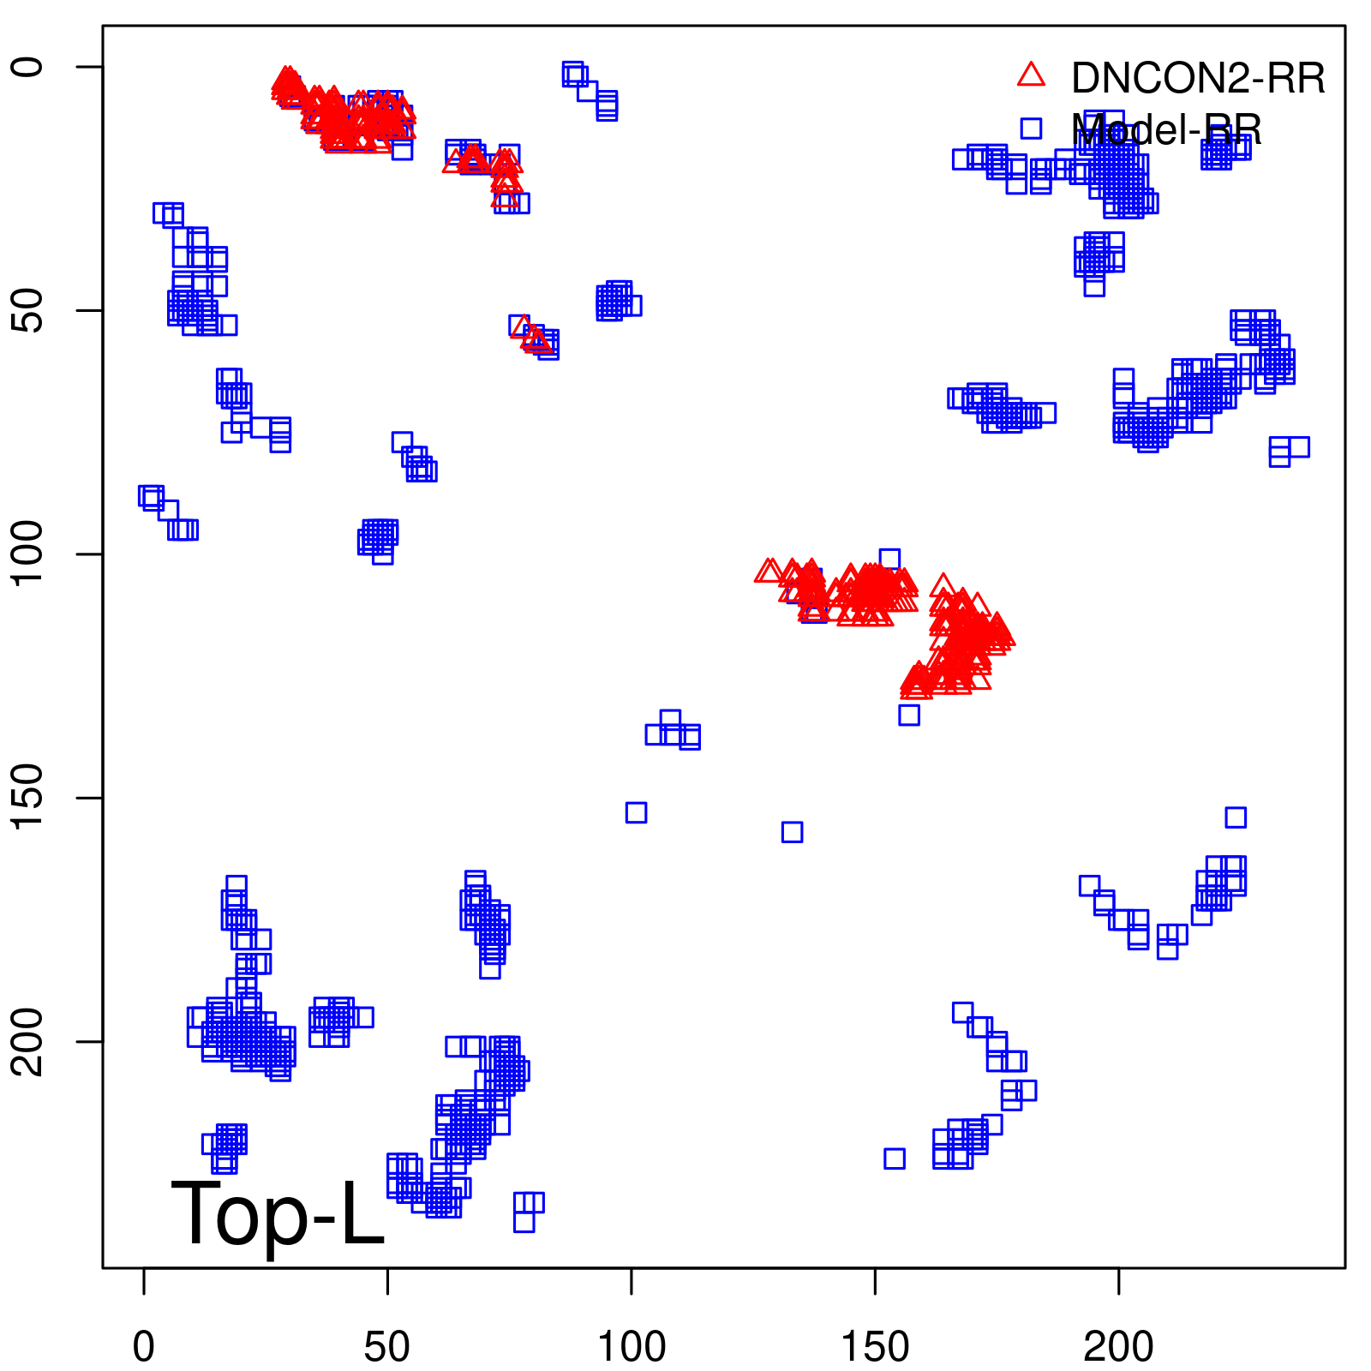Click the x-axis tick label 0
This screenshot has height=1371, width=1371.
pyautogui.click(x=144, y=1347)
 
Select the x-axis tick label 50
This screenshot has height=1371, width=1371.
pyautogui.click(x=387, y=1347)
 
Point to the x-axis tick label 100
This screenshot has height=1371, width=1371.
pyautogui.click(x=631, y=1347)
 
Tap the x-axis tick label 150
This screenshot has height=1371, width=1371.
pyautogui.click(x=875, y=1347)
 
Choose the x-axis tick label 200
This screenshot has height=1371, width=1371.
pyautogui.click(x=1118, y=1347)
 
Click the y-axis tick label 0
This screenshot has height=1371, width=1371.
pyautogui.click(x=27, y=67)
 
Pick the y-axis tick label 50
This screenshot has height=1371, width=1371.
pyautogui.click(x=27, y=310)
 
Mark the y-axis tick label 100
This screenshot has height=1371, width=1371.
pyautogui.click(x=27, y=554)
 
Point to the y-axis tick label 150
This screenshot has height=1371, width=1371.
pyautogui.click(x=27, y=798)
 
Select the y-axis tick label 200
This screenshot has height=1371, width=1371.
pyautogui.click(x=27, y=1041)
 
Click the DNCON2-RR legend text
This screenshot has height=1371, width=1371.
pyautogui.click(x=1198, y=79)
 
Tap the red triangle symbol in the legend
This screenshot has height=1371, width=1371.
pyautogui.click(x=1031, y=75)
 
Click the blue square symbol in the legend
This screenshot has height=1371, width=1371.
pyautogui.click(x=1031, y=129)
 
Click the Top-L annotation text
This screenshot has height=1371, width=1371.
pyautogui.click(x=278, y=1213)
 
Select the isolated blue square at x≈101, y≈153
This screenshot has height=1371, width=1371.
pyautogui.click(x=636, y=812)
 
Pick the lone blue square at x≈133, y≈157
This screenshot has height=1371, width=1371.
pyautogui.click(x=792, y=832)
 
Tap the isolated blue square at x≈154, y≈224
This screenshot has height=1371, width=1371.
pyautogui.click(x=895, y=1158)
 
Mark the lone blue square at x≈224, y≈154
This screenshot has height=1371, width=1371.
pyautogui.click(x=1236, y=817)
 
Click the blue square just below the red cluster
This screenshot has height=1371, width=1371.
pyautogui.click(x=909, y=715)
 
